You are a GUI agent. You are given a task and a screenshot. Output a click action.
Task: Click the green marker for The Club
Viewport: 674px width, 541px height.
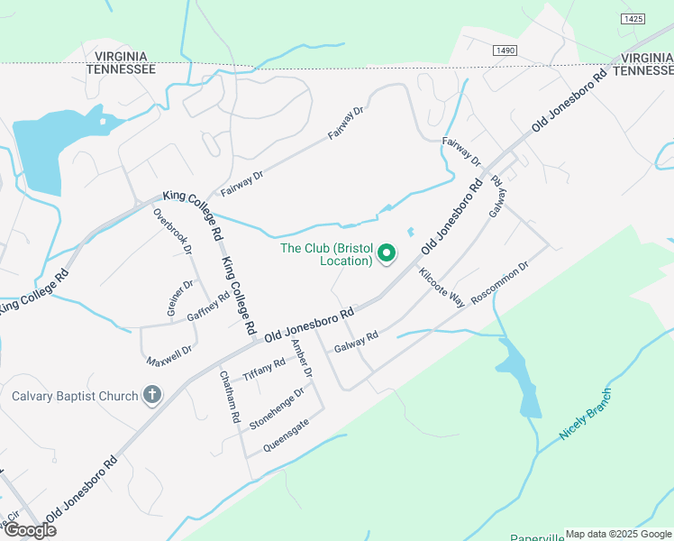point(387,254)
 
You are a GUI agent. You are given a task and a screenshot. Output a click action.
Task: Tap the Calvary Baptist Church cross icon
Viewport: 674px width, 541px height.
point(152,395)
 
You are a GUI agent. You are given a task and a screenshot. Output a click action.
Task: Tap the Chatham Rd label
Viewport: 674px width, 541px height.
point(228,399)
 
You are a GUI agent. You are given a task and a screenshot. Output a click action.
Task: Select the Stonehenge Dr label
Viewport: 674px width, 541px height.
point(278,406)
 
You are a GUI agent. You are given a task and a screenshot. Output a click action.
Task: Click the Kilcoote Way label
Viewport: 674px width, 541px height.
point(442,288)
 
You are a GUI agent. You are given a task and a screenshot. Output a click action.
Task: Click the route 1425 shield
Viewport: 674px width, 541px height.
point(633,18)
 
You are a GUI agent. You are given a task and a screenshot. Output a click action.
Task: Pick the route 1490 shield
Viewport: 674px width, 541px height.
point(505,50)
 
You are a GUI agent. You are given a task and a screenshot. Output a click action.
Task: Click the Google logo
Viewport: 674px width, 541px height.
point(29,530)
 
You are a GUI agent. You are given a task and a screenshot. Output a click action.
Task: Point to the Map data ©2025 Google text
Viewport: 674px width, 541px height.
point(617,534)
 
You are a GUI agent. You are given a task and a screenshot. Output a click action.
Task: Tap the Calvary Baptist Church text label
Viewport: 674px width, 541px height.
point(75,396)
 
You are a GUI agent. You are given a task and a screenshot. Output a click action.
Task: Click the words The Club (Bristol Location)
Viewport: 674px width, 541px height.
point(326,254)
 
